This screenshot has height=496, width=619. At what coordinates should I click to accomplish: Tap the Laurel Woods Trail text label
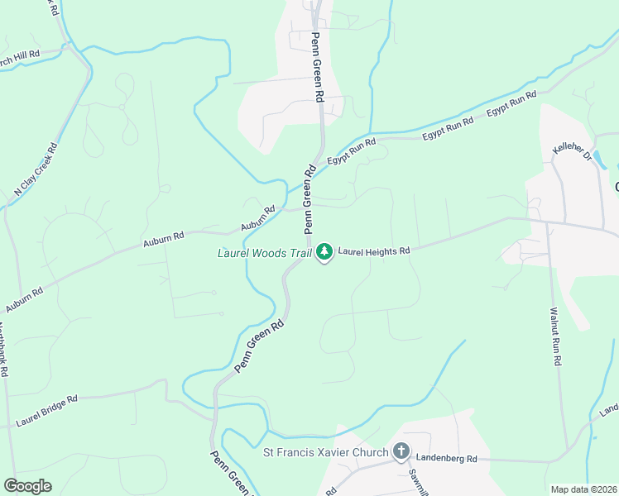pyautogui.click(x=264, y=253)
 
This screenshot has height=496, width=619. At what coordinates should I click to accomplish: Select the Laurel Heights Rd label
pyautogui.click(x=374, y=250)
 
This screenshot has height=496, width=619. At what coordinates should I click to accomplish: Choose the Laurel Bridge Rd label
pyautogui.click(x=46, y=411)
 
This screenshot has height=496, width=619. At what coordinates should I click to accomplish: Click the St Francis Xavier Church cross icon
pyautogui.click(x=401, y=451)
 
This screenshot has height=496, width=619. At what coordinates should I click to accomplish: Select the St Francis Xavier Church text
pyautogui.click(x=325, y=452)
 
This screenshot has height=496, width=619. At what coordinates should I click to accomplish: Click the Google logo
pyautogui.click(x=27, y=485)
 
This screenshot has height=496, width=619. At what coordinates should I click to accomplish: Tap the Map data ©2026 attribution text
pyautogui.click(x=583, y=489)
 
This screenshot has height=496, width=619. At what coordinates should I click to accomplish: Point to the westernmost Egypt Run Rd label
pyautogui.click(x=352, y=151)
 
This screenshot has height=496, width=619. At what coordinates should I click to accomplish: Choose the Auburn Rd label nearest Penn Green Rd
pyautogui.click(x=257, y=219)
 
